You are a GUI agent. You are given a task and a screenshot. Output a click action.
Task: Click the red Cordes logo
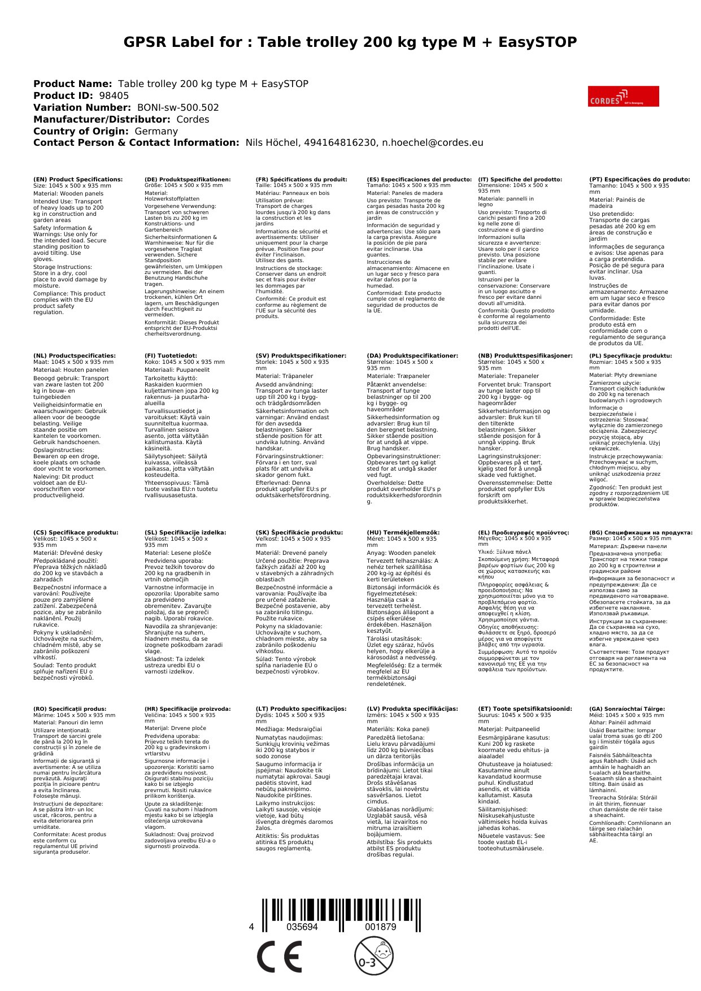(623, 97)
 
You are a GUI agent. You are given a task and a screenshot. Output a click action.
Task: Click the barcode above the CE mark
(341, 912)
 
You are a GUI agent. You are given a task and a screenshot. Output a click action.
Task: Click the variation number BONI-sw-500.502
(178, 108)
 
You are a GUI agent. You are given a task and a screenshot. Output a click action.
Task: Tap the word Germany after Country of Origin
(156, 131)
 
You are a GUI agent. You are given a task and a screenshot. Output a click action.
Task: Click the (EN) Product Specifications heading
(78, 180)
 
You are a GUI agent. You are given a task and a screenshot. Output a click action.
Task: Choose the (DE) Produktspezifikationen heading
(188, 180)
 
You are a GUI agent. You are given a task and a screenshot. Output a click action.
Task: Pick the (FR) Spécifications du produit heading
(301, 180)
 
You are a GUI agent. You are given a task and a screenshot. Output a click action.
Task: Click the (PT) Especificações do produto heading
(639, 180)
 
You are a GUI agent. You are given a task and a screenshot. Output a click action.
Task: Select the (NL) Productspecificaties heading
(75, 356)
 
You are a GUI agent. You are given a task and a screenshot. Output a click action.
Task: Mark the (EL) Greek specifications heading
(524, 532)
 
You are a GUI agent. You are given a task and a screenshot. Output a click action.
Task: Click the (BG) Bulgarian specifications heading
(641, 532)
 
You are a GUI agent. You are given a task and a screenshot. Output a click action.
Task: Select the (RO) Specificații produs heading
(70, 709)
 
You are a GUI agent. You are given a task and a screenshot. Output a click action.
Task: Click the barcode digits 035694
(302, 927)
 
